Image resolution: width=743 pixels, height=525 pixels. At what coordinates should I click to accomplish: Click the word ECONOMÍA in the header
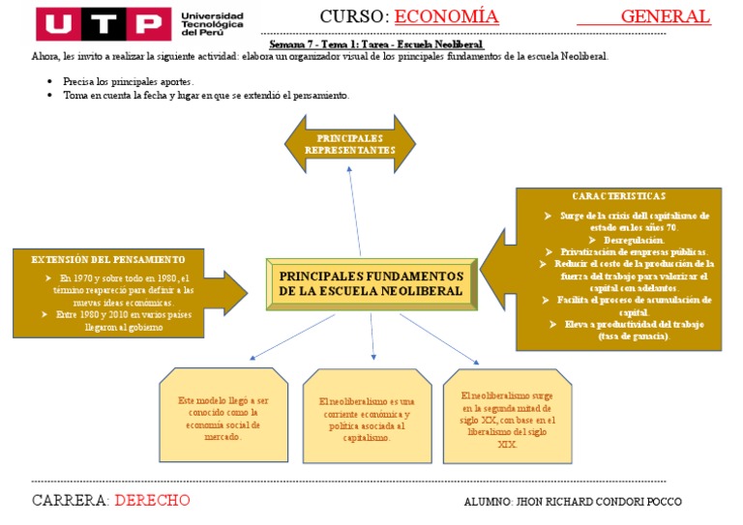pyautogui.click(x=447, y=16)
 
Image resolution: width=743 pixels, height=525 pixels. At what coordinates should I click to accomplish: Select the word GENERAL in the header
pyautogui.click(x=666, y=16)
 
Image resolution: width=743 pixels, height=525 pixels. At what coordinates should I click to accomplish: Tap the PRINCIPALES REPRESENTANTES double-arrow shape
pyautogui.click(x=350, y=145)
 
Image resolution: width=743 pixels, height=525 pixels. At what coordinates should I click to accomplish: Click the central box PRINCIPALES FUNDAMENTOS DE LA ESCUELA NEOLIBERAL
pyautogui.click(x=371, y=283)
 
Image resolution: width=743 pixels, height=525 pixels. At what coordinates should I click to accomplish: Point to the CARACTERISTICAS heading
pyautogui.click(x=619, y=196)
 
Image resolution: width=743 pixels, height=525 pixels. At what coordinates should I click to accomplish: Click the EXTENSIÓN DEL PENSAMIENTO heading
pyautogui.click(x=108, y=259)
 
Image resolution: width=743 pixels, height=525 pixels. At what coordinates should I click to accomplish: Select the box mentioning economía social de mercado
pyautogui.click(x=223, y=419)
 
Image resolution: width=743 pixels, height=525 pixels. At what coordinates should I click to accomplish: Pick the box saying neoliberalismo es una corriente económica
pyautogui.click(x=367, y=419)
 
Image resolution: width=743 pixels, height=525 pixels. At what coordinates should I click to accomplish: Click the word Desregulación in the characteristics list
pyautogui.click(x=634, y=239)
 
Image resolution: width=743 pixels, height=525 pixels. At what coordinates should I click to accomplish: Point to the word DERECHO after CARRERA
pyautogui.click(x=152, y=500)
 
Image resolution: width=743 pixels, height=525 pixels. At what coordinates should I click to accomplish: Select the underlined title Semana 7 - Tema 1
pyautogui.click(x=375, y=44)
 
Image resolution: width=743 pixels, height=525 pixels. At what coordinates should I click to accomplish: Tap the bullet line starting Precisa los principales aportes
pyautogui.click(x=128, y=81)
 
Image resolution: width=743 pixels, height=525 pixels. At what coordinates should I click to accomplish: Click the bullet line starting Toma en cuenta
pyautogui.click(x=205, y=95)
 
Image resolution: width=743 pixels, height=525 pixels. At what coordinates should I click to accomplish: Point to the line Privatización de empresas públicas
pyautogui.click(x=633, y=250)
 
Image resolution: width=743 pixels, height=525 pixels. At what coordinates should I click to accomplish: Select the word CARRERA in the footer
pyautogui.click(x=69, y=500)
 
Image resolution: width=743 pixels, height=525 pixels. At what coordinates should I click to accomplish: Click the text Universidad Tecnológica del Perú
pyautogui.click(x=212, y=23)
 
